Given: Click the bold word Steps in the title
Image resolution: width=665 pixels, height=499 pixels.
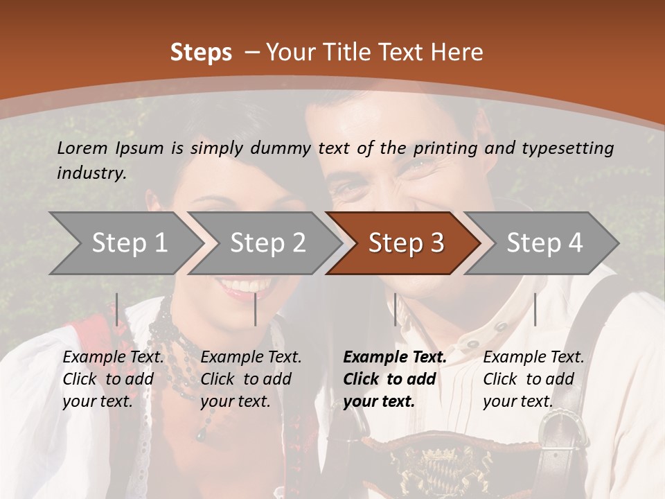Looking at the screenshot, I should coord(201,53).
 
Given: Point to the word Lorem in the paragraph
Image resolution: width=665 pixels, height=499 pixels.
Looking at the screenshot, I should coord(82,148).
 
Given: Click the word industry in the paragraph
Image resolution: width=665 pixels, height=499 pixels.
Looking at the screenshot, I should coord(91,173).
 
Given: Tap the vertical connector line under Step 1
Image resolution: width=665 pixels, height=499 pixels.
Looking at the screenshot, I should coord(116,309).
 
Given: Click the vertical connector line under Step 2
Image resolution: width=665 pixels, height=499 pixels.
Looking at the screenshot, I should coord(256,309).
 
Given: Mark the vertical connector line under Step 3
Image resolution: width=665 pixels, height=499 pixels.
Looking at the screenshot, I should coord(395,309).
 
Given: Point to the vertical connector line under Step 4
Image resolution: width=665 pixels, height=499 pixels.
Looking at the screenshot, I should coord(535,309).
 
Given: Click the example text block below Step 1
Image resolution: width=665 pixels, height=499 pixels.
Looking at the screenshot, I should coord(113,379).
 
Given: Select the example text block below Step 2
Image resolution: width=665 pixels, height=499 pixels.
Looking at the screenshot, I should coord(251,379).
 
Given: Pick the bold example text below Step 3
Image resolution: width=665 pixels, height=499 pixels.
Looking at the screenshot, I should coord(395,379).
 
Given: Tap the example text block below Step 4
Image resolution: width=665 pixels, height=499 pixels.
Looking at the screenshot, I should coord(533,379).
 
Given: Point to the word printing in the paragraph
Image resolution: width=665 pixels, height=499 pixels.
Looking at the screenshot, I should coord(444,148).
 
